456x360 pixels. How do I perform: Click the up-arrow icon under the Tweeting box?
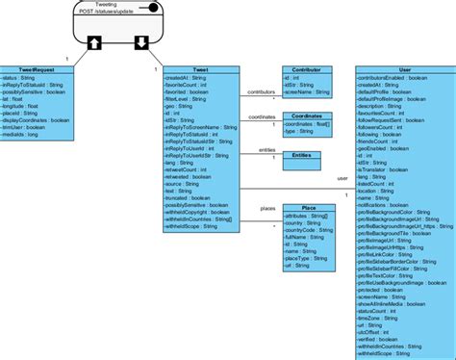(x=94, y=42)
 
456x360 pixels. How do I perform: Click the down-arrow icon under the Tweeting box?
(x=140, y=42)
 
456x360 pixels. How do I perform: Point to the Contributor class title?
(x=307, y=70)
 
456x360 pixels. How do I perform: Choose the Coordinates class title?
(x=307, y=116)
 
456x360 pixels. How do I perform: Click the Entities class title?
(x=307, y=154)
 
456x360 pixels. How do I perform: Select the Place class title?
(x=307, y=207)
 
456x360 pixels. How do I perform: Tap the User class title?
(x=403, y=70)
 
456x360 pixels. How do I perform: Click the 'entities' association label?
(x=266, y=150)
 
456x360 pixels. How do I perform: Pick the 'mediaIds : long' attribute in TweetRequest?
(x=28, y=135)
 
